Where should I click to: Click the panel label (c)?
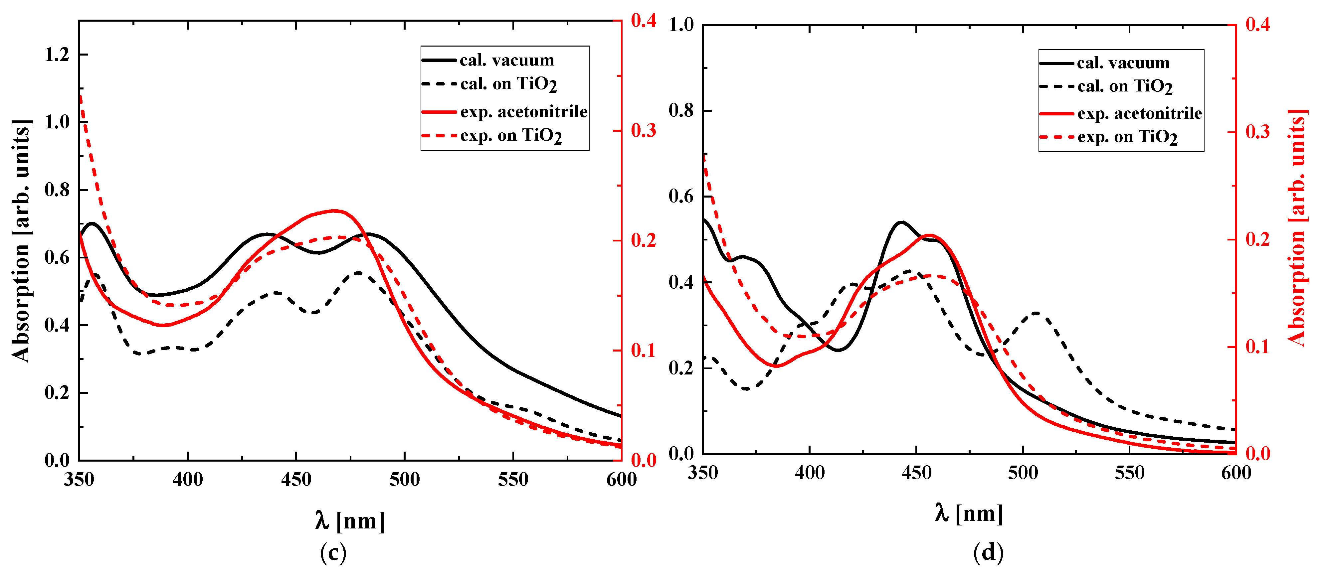(333, 553)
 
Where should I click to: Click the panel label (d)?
(988, 553)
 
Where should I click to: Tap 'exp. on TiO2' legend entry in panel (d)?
(1127, 137)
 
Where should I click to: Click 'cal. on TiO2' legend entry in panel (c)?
(508, 84)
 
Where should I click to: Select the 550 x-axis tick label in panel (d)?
(1129, 473)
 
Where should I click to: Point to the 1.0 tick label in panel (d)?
(681, 25)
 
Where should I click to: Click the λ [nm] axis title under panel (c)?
(350, 521)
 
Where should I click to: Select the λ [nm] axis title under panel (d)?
(969, 513)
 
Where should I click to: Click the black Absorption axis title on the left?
(22, 241)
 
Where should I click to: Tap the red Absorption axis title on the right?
(1297, 228)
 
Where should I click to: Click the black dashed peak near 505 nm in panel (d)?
(1037, 312)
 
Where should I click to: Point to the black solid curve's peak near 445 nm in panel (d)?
(901, 222)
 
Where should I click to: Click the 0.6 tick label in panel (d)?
(681, 197)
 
